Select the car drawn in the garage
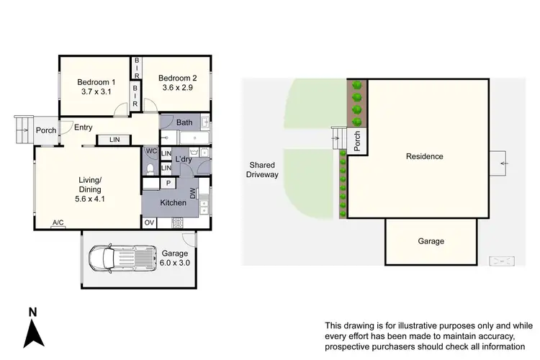pos(121,258)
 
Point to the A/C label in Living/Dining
pos(58,223)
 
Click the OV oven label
pos(149,223)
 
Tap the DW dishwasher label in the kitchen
pos(193,192)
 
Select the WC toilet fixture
pos(150,169)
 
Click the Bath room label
pos(184,123)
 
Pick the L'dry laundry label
pos(184,158)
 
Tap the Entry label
pos(84,127)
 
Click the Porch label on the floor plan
pos(46,130)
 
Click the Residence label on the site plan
pos(424,156)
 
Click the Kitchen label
pos(174,203)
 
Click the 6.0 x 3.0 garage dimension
pos(175,263)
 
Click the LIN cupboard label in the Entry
pos(114,140)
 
